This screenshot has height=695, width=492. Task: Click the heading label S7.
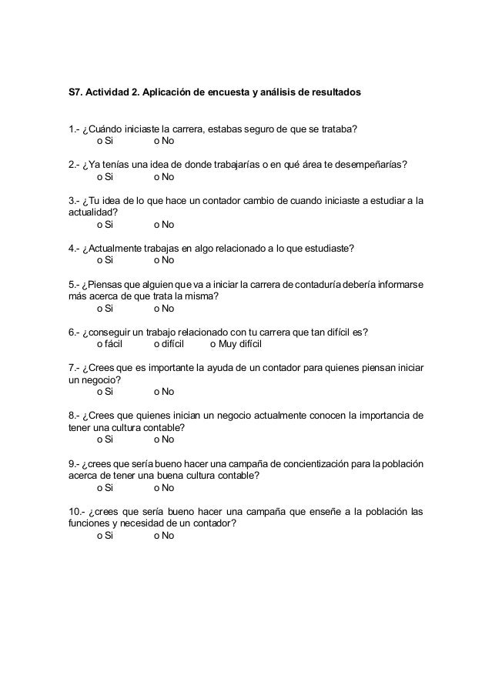click(x=76, y=93)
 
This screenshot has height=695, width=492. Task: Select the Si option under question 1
click(x=105, y=141)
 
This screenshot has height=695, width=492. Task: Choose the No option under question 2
click(x=164, y=177)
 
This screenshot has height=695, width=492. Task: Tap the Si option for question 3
click(x=105, y=225)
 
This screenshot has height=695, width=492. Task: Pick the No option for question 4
click(x=164, y=261)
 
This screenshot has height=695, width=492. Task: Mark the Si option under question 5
click(x=105, y=309)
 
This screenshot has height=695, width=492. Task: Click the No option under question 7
click(x=164, y=392)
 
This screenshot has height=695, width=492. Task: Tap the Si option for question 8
click(x=105, y=439)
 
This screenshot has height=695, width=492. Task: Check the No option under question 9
click(x=164, y=487)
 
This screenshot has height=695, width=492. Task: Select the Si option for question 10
click(x=105, y=536)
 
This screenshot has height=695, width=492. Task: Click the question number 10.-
click(x=77, y=512)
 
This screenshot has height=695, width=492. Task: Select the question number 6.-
click(x=74, y=332)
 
